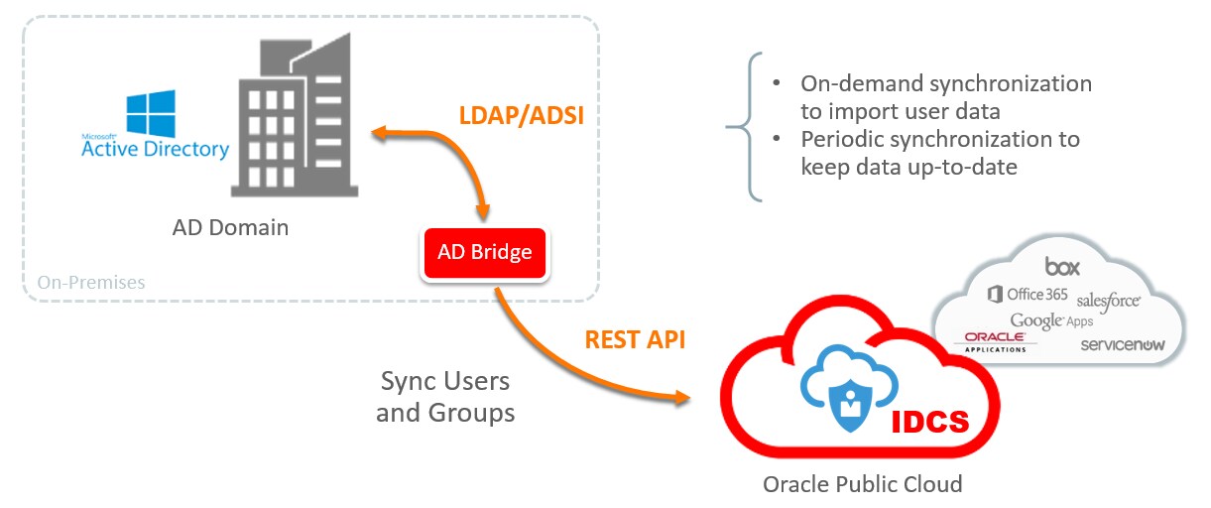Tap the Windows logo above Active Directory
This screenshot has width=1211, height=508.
point(151,115)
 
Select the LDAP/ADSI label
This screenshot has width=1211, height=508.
point(521,115)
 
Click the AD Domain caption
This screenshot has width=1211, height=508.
point(229,227)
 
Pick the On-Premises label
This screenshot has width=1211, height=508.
point(91,283)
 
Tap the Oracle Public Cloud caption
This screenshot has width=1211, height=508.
point(862,484)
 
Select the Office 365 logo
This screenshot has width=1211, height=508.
point(1028,294)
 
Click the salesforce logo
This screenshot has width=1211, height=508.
point(1108,299)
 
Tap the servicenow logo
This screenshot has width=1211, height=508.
point(1121,344)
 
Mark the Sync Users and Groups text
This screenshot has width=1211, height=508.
point(445,397)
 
